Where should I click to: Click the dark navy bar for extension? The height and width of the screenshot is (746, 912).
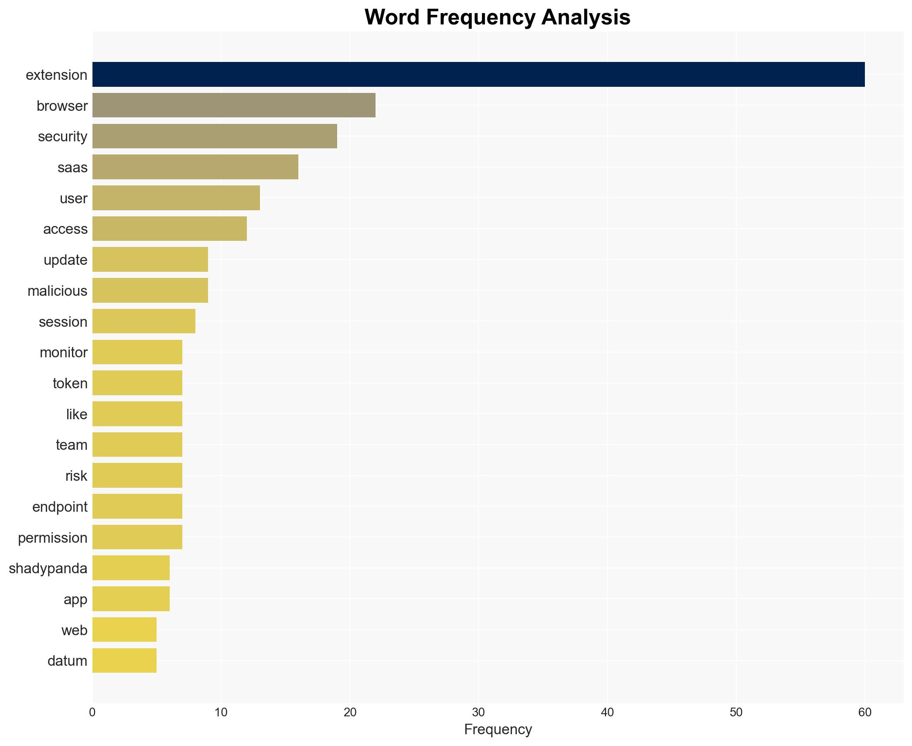tap(478, 75)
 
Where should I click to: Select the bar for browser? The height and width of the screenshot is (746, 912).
tap(234, 105)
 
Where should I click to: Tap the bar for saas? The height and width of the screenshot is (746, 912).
tap(195, 167)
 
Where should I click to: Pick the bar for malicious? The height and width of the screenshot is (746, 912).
tap(150, 291)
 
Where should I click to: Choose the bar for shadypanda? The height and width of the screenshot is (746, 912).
tap(131, 568)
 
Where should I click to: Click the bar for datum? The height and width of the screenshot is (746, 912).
tap(124, 660)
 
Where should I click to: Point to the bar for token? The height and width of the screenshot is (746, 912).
tap(137, 383)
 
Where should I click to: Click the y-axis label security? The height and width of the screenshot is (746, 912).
tap(62, 137)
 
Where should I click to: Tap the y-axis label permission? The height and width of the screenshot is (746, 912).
tap(52, 537)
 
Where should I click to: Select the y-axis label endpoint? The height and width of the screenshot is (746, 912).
tap(60, 506)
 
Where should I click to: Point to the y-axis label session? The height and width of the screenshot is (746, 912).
tap(63, 322)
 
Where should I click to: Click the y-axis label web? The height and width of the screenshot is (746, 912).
tap(74, 630)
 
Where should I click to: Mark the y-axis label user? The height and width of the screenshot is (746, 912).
tap(73, 198)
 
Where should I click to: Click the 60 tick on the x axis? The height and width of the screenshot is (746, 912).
tap(864, 712)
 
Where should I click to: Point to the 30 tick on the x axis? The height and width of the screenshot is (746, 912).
tap(478, 712)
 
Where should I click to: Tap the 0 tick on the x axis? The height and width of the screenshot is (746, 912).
tap(92, 712)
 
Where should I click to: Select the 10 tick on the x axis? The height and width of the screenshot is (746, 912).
tap(221, 712)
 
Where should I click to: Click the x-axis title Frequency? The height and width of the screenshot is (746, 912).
tap(498, 729)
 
